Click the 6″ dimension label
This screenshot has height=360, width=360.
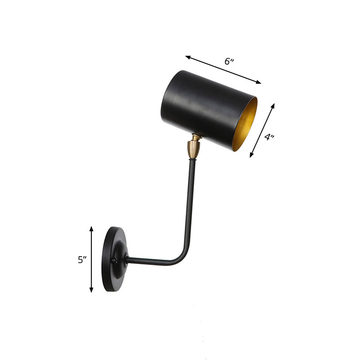point(229,61)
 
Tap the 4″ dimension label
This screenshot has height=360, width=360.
point(269,137)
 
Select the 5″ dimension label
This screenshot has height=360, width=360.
point(81,260)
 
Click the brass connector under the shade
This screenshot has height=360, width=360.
point(193,148)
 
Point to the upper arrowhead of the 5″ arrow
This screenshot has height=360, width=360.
point(91,229)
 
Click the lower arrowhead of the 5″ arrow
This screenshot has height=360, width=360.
point(91,290)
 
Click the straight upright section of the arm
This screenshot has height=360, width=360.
point(190,202)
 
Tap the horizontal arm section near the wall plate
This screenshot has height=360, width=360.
point(148,261)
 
